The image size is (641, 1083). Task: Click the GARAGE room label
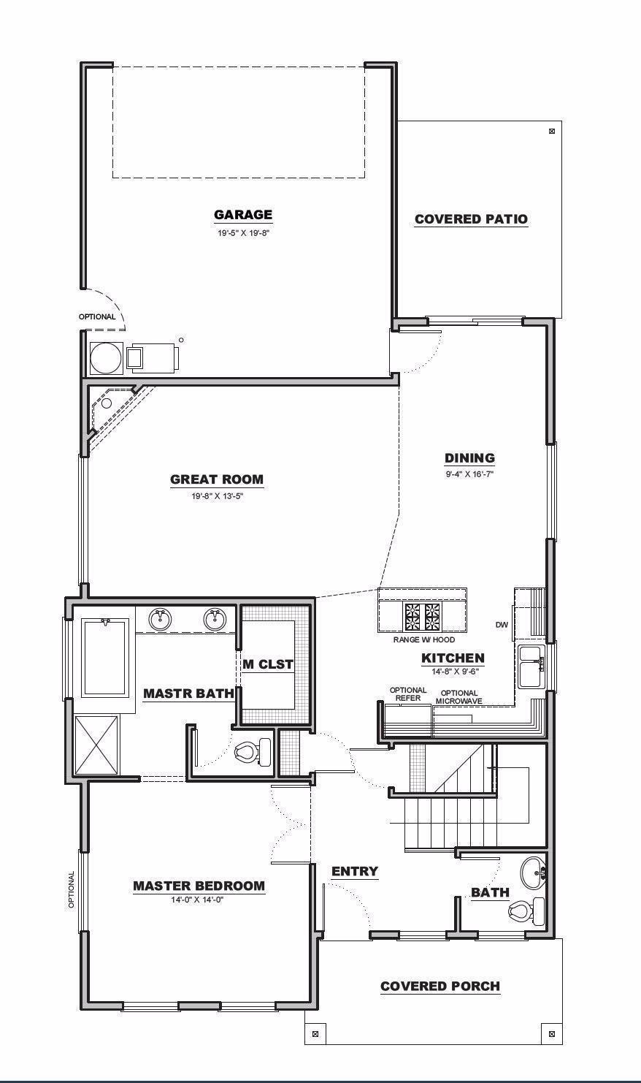pos(243,215)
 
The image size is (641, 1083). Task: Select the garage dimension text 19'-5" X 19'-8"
pos(243,232)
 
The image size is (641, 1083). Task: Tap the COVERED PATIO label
pos(471,219)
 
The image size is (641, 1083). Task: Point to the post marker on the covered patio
pos(551,132)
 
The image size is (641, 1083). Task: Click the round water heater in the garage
pos(104,357)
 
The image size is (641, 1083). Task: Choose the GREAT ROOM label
pos(217,480)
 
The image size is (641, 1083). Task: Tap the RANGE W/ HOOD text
pos(423,639)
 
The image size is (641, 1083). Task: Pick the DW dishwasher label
pos(502,625)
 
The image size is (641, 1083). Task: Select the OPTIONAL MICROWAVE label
pos(459,697)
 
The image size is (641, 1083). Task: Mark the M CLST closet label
pos(268,664)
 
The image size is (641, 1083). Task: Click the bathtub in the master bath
pos(105,657)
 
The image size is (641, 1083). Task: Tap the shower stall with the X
pos(96,744)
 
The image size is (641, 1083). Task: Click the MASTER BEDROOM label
pos(199,886)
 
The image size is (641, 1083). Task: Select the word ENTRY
pos(355,871)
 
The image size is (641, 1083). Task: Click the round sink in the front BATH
pos(533,872)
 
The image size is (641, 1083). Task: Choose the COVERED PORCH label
pos(440,987)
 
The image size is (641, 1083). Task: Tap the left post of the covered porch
pos(315,1034)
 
